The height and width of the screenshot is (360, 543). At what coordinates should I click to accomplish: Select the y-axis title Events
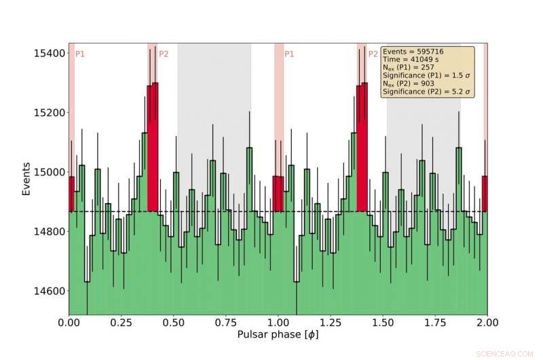tap(26, 179)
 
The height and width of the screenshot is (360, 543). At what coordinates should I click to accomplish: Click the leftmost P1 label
tap(79, 54)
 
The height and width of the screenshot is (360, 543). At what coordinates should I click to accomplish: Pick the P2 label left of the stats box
tap(373, 54)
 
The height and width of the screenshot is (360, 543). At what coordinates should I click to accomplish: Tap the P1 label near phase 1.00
tap(289, 54)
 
